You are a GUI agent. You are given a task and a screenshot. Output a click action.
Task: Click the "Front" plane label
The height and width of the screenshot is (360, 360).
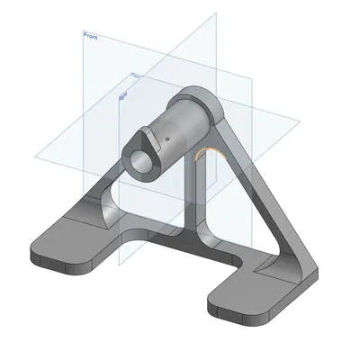(x=90, y=36)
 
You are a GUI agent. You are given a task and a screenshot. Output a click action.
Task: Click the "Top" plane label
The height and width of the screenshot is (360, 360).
(x=136, y=76)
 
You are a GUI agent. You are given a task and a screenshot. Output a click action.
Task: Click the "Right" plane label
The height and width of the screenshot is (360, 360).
(x=124, y=91)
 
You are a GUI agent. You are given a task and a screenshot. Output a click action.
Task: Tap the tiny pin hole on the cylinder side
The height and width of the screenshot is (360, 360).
(x=166, y=140)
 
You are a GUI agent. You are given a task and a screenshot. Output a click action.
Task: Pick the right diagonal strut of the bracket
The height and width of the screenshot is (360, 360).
(x=261, y=198)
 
